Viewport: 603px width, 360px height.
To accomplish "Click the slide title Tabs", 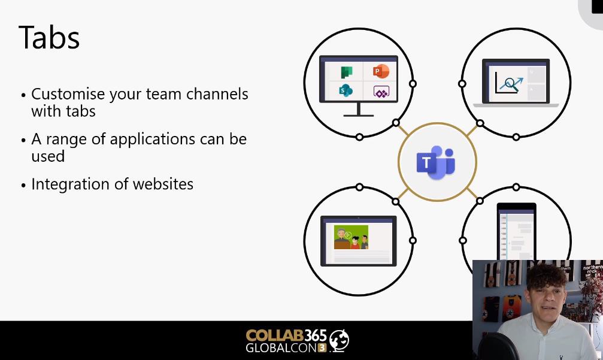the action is coord(49,37).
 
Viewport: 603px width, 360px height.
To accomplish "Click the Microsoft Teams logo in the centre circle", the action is coord(436,162).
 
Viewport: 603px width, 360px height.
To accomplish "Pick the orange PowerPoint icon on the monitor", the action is coord(381,71).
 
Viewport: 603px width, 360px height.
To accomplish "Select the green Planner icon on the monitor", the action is coord(347,72).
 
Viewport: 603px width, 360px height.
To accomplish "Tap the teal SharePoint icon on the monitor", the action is coord(346,90).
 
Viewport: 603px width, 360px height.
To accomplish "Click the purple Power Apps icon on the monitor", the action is coord(381,92).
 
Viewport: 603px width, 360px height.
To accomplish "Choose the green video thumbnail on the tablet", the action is coord(351,237).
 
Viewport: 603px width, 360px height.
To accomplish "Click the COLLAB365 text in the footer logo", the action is coord(286,335).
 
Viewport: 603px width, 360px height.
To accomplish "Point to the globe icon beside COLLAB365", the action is coord(339,340).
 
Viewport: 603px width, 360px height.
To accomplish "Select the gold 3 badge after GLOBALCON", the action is coord(322,347).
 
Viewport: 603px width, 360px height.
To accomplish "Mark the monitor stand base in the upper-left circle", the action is coord(359,116).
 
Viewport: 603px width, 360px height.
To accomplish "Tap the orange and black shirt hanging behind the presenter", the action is coord(511,307).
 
